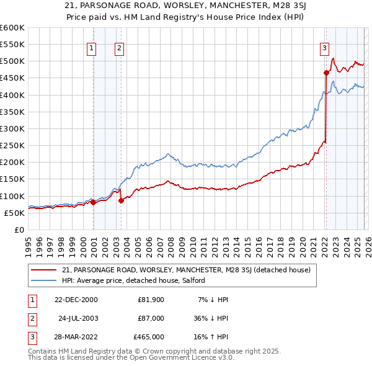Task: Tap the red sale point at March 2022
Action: click(326, 73)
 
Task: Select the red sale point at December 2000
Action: click(93, 202)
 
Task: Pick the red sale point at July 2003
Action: click(121, 200)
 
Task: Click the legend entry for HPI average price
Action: click(137, 281)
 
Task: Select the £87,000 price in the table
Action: click(151, 318)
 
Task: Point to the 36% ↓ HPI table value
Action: click(210, 318)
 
